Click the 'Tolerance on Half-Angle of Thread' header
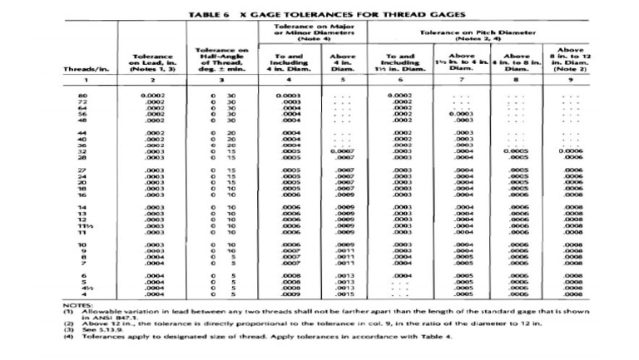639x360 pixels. (219, 61)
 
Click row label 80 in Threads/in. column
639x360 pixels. (83, 96)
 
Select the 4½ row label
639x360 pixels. (82, 288)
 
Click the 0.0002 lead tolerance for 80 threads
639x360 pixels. (151, 96)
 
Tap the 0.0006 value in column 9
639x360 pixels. (569, 151)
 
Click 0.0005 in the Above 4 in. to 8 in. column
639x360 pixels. (516, 151)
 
